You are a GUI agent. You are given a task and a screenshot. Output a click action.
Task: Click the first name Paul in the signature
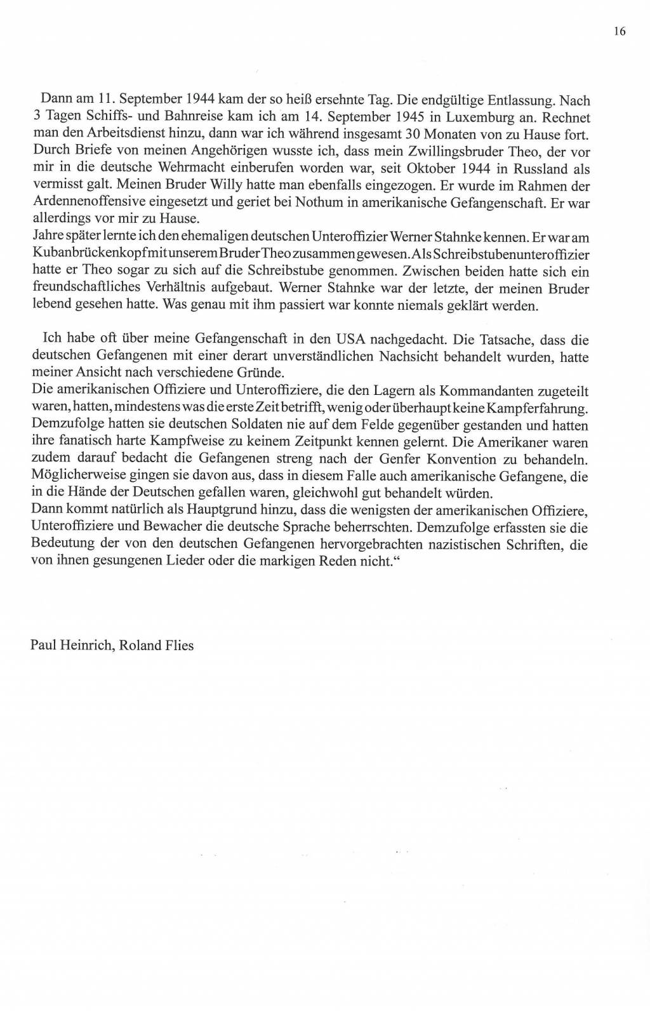point(41,646)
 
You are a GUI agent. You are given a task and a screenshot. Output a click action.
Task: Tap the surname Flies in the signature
point(178,646)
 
